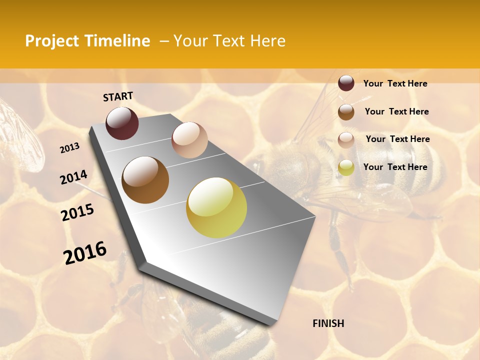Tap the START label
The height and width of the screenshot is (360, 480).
118,96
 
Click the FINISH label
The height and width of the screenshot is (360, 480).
328,323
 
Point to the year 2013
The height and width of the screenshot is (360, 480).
69,148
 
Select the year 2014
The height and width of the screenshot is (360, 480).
73,177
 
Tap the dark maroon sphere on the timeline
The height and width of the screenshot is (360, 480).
122,123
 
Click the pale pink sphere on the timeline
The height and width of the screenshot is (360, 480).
189,140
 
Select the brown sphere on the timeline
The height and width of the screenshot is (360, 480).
145,180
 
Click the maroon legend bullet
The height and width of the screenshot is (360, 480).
346,83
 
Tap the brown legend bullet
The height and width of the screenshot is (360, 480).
346,112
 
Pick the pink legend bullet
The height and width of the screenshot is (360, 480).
346,139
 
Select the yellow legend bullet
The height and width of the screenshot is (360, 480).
346,167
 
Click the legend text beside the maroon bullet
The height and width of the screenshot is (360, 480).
395,83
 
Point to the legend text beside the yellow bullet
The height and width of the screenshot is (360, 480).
395,167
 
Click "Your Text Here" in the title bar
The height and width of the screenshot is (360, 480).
229,41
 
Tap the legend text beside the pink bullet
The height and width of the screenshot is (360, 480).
397,139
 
